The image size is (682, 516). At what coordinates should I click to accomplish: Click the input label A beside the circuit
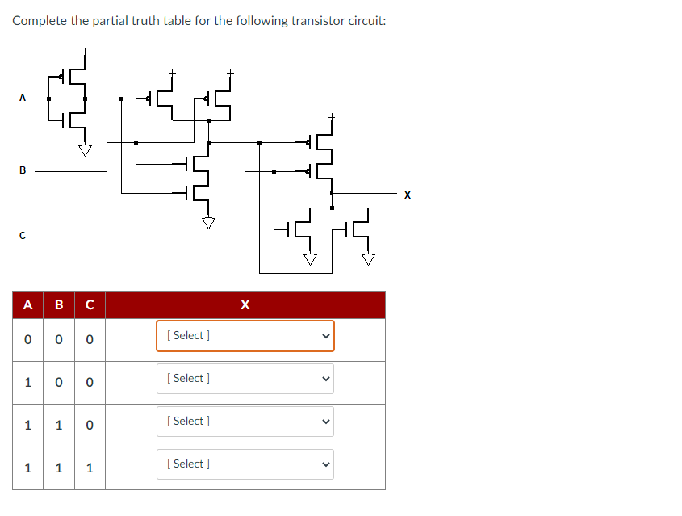coord(23,98)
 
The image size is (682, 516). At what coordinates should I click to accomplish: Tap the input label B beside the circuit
coord(23,170)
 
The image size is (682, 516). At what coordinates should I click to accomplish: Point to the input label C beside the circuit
coord(23,237)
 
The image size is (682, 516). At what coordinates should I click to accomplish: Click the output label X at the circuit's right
coord(408,195)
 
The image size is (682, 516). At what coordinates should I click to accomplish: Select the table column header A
coord(27,304)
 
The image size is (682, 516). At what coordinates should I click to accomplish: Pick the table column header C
coord(90,304)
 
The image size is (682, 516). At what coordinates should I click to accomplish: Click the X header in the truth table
coord(245,304)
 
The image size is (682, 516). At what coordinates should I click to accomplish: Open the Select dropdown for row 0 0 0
coord(245,335)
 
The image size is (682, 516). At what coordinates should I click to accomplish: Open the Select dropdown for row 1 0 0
coord(245,378)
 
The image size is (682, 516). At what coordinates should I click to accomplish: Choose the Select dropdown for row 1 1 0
coord(245,421)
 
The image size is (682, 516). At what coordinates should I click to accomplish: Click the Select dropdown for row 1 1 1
coord(245,464)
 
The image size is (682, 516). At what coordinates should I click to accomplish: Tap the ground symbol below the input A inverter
coord(85,150)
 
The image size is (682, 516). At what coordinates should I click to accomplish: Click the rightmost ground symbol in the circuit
coord(368,259)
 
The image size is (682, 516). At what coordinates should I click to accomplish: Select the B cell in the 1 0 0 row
coord(58,382)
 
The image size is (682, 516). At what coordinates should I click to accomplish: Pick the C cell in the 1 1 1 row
coord(90,468)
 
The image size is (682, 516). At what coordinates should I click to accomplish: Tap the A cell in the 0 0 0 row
coord(27,339)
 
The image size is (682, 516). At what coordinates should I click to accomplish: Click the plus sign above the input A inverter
coord(85,52)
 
